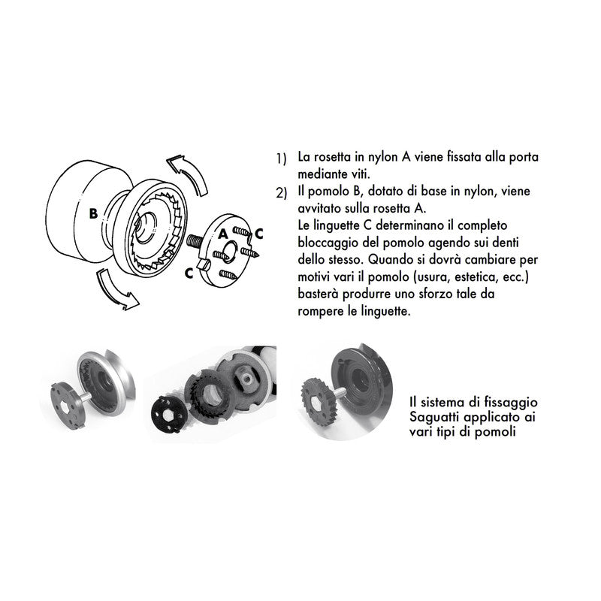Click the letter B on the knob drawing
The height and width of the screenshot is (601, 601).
(93, 213)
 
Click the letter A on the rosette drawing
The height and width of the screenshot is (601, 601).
(224, 234)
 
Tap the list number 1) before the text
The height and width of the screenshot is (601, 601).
(281, 159)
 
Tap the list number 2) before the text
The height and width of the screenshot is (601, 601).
(281, 194)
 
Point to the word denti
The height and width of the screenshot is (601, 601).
(506, 243)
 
